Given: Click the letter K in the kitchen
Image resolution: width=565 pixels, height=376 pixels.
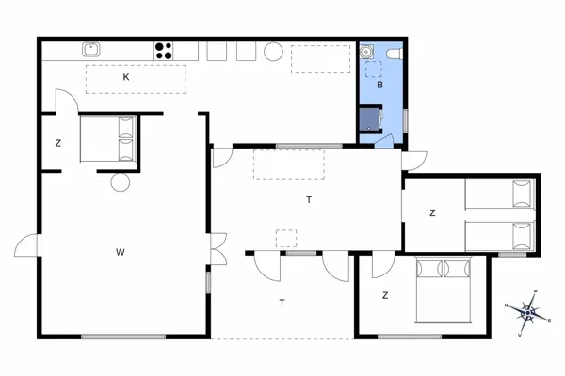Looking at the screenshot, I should pyautogui.click(x=125, y=78).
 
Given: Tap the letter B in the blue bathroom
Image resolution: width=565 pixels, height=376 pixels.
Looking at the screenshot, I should pyautogui.click(x=379, y=85).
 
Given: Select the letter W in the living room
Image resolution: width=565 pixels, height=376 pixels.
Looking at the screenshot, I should pyautogui.click(x=121, y=251).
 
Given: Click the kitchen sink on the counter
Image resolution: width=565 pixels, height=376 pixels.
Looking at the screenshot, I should pyautogui.click(x=92, y=50).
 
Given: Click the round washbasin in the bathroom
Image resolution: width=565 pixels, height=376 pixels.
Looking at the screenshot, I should pyautogui.click(x=369, y=53).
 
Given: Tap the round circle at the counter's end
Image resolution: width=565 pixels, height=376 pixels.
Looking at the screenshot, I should pyautogui.click(x=274, y=51).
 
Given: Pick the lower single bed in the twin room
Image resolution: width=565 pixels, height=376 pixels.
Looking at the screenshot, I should pyautogui.click(x=499, y=236).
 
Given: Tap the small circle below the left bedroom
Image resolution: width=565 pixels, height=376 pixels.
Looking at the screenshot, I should pyautogui.click(x=120, y=183).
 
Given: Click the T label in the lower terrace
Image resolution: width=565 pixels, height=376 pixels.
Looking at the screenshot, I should pyautogui.click(x=282, y=303).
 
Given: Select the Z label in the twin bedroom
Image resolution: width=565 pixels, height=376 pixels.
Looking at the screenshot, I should pyautogui.click(x=432, y=213).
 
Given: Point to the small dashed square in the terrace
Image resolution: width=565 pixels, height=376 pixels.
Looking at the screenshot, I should pyautogui.click(x=285, y=237).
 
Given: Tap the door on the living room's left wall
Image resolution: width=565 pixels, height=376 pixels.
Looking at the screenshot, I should pyautogui.click(x=28, y=246).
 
